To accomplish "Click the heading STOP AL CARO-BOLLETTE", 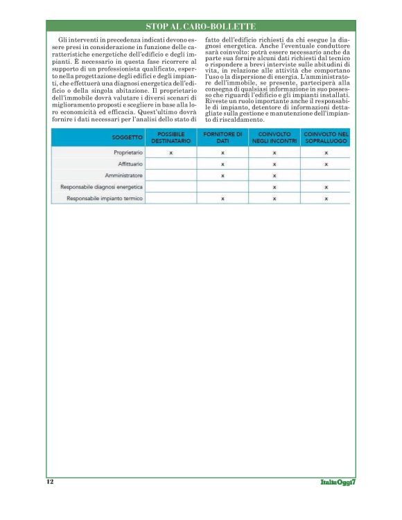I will click(201, 26).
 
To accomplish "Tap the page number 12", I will click(50, 481).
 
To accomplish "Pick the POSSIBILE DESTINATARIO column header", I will click(171, 138).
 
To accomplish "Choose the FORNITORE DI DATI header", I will click(222, 138).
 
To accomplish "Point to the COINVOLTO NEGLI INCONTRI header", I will click(274, 138).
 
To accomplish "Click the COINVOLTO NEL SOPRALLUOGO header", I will click(326, 138).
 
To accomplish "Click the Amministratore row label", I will click(123, 176).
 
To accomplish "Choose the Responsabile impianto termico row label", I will click(105, 199).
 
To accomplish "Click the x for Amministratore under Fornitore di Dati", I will click(222, 176).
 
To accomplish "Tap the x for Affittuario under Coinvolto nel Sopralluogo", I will click(326, 164).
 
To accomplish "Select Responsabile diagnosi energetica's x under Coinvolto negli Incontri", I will click(274, 187).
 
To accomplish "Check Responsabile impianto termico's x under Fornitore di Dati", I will click(222, 199).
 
